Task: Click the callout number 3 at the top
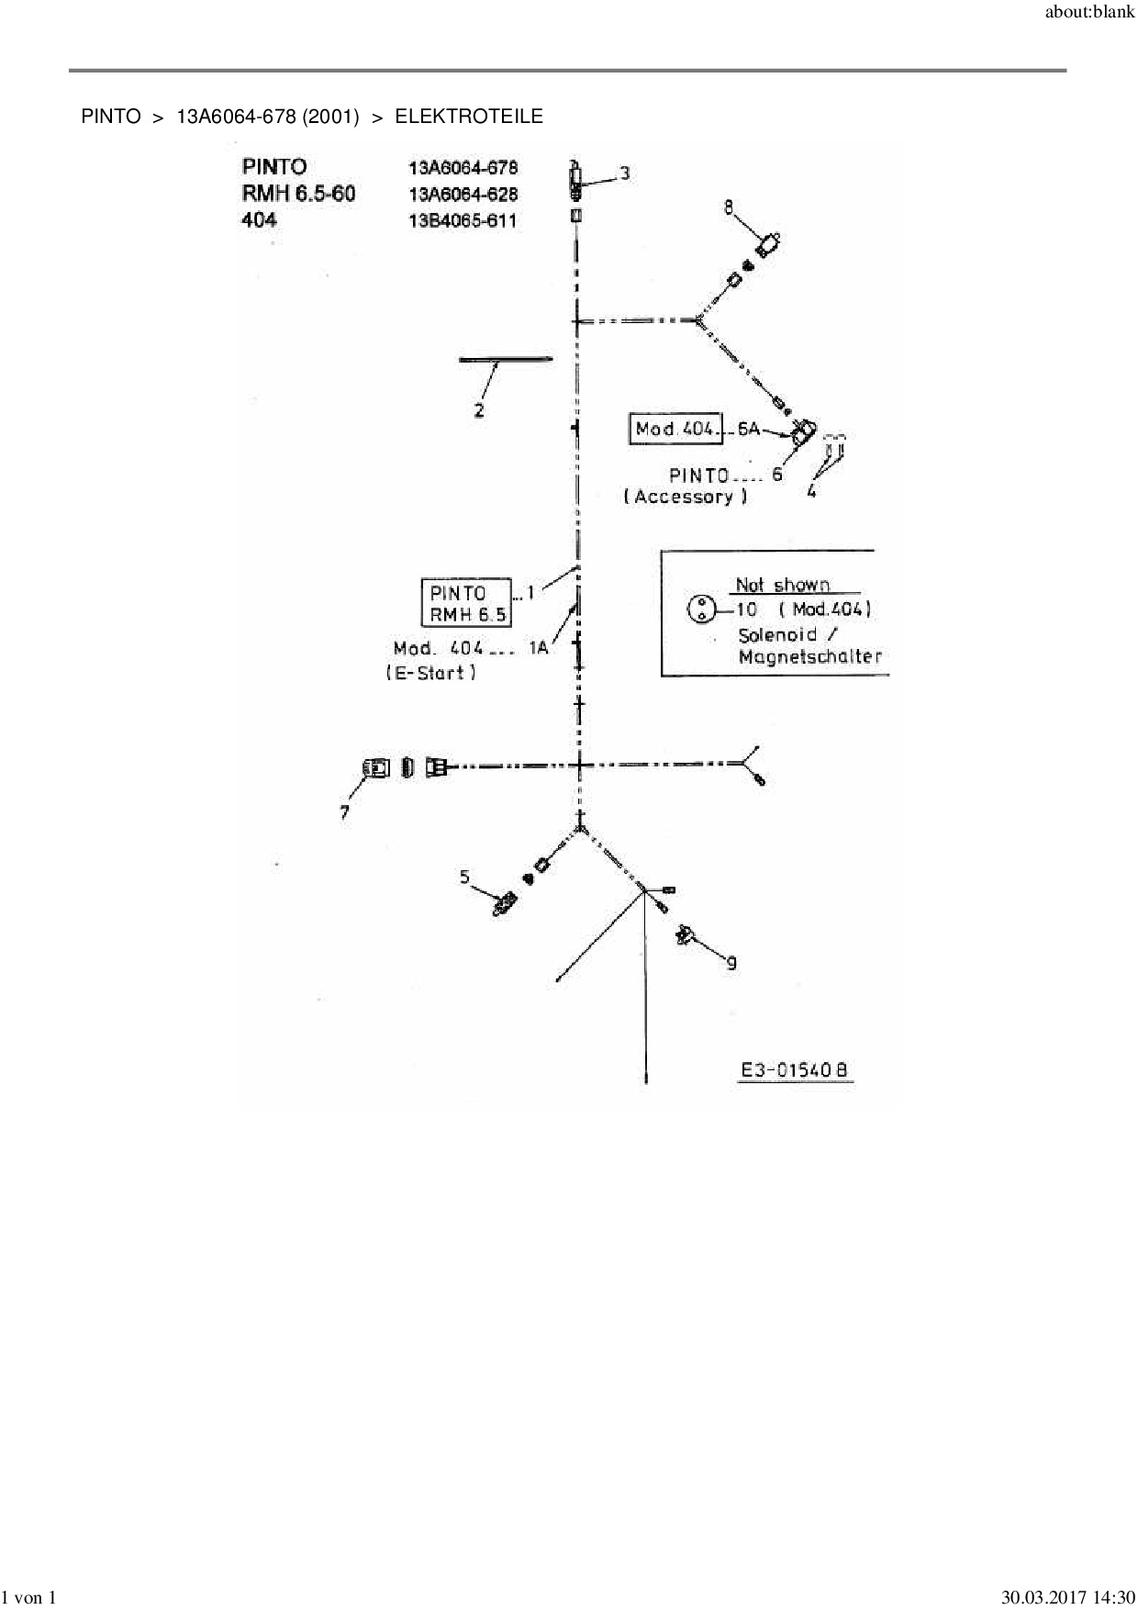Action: tap(625, 173)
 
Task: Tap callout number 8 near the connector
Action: tap(729, 207)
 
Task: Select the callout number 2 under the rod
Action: tap(479, 411)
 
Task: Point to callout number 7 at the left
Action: tap(345, 812)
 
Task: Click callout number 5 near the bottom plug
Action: tap(465, 877)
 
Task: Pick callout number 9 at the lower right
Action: tap(731, 962)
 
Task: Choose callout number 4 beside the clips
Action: tap(811, 491)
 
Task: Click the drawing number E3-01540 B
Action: tap(796, 1069)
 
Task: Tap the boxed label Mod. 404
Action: tap(675, 429)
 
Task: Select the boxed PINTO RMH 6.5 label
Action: tap(466, 603)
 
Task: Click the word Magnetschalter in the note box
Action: tap(809, 657)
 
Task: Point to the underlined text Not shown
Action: tap(782, 585)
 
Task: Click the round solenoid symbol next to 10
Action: tap(700, 609)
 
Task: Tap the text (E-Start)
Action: tap(431, 673)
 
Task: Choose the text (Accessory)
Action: tap(686, 497)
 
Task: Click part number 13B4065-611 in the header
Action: tap(463, 220)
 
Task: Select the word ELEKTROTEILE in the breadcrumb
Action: tap(469, 117)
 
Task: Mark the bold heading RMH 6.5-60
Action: tap(298, 194)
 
